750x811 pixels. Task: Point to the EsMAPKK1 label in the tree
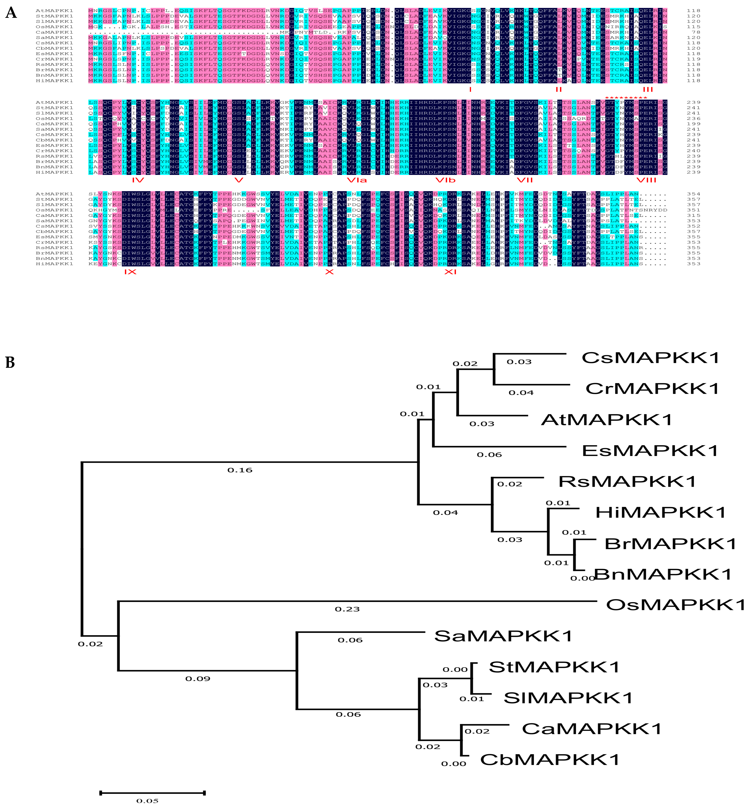tap(650, 451)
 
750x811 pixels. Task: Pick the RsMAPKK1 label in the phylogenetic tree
tap(627, 482)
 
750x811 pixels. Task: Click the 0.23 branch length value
tap(347, 609)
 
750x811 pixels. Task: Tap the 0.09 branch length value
tap(198, 679)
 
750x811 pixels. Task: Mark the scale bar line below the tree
tap(152, 792)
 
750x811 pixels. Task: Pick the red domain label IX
tap(130, 272)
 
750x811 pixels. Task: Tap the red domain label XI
tap(450, 272)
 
